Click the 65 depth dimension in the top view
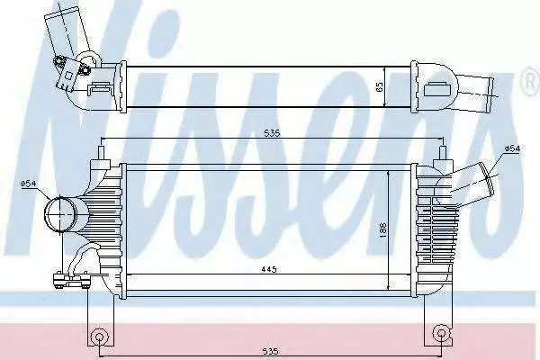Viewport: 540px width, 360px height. (x=380, y=86)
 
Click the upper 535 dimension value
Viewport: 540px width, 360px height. (x=273, y=133)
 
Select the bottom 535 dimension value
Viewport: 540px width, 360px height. (x=270, y=351)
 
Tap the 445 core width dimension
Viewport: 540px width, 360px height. (x=268, y=269)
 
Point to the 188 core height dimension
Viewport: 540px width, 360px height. (x=383, y=230)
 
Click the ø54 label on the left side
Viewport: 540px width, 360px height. (x=28, y=184)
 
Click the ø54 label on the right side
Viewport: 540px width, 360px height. (x=512, y=148)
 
